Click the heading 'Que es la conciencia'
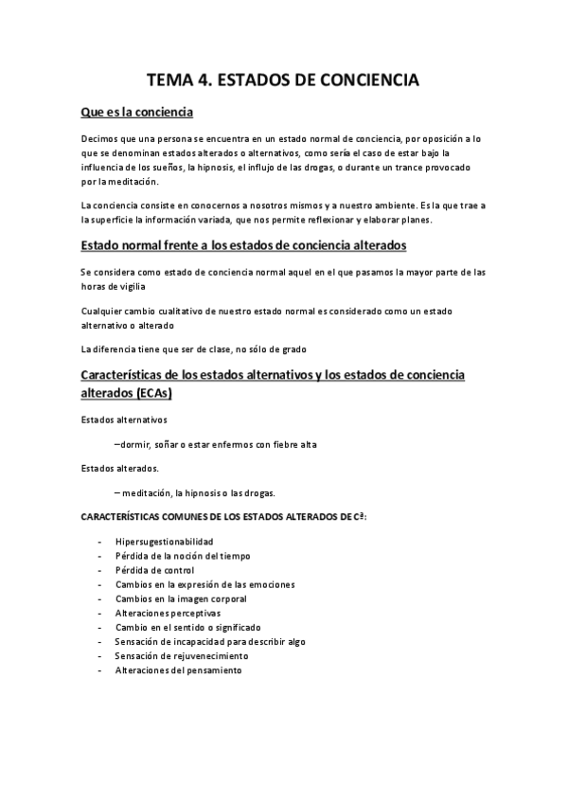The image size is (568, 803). pyautogui.click(x=137, y=113)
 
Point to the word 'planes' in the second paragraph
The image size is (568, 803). pyautogui.click(x=414, y=221)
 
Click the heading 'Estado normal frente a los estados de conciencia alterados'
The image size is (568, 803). pyautogui.click(x=243, y=246)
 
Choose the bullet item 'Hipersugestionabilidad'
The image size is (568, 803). pyautogui.click(x=164, y=542)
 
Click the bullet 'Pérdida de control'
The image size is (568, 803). pyautogui.click(x=154, y=570)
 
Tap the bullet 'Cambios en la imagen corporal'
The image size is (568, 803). pyautogui.click(x=181, y=599)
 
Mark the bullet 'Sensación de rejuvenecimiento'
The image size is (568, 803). pyautogui.click(x=181, y=656)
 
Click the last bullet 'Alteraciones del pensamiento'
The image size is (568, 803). pyautogui.click(x=178, y=670)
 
